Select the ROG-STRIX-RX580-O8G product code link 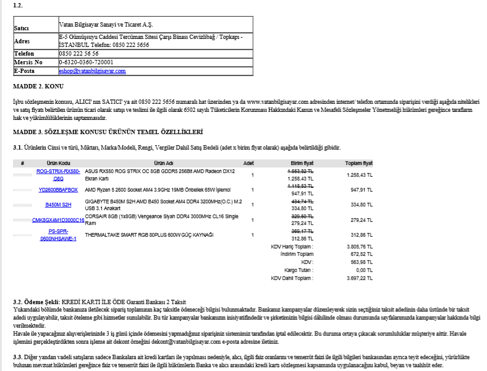pyautogui.click(x=58, y=174)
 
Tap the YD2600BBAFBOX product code pyautogui.click(x=58, y=190)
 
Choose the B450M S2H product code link pyautogui.click(x=58, y=205)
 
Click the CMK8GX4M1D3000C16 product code pyautogui.click(x=58, y=220)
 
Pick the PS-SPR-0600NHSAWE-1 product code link pyautogui.click(x=58, y=235)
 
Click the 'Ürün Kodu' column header pyautogui.click(x=56, y=163)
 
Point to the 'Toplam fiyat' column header pyautogui.click(x=358, y=163)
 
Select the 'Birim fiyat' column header pyautogui.click(x=302, y=163)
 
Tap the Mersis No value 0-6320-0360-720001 pyautogui.click(x=86, y=62)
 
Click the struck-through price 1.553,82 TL pyautogui.click(x=301, y=171)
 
